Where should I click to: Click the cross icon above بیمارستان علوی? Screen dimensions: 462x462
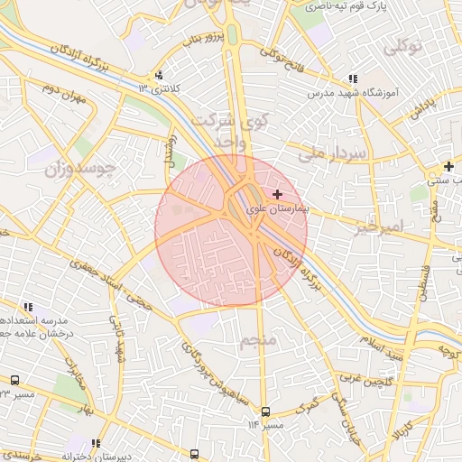point(276,194)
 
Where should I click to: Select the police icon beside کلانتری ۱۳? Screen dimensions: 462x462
point(160,76)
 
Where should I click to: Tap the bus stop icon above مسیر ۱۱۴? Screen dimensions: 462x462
point(264,411)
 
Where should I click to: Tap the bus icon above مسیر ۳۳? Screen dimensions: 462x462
point(15,381)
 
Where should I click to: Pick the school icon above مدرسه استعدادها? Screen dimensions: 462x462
point(29,307)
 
